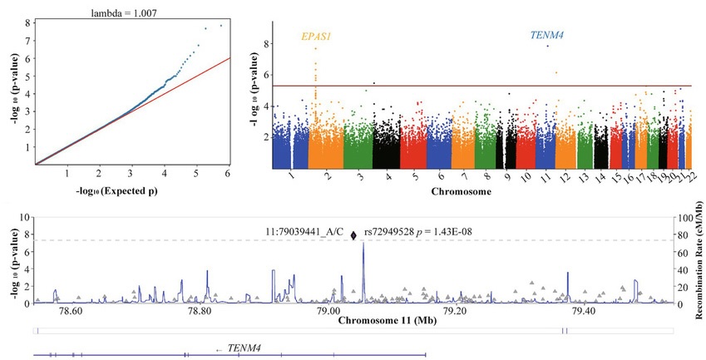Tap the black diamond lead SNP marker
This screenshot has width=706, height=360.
click(x=354, y=236)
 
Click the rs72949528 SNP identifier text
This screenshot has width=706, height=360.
click(x=402, y=233)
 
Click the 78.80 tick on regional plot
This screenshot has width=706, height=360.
click(x=198, y=312)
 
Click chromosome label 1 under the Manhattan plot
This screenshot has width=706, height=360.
click(x=290, y=177)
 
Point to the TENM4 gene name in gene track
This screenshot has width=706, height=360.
click(x=244, y=348)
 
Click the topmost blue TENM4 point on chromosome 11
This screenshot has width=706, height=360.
click(x=547, y=46)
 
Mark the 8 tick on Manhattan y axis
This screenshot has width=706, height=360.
click(x=266, y=44)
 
